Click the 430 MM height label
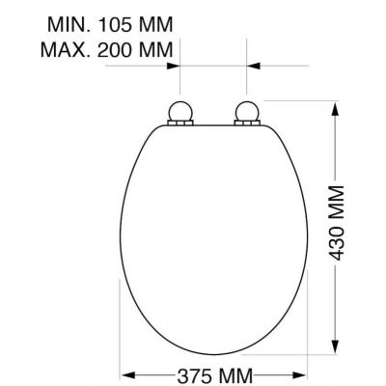coord(337,223)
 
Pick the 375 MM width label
coord(214,375)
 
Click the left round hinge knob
coord(179,111)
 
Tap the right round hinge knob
coord(247,111)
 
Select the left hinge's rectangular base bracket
coord(179,124)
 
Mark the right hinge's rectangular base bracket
coord(247,124)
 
